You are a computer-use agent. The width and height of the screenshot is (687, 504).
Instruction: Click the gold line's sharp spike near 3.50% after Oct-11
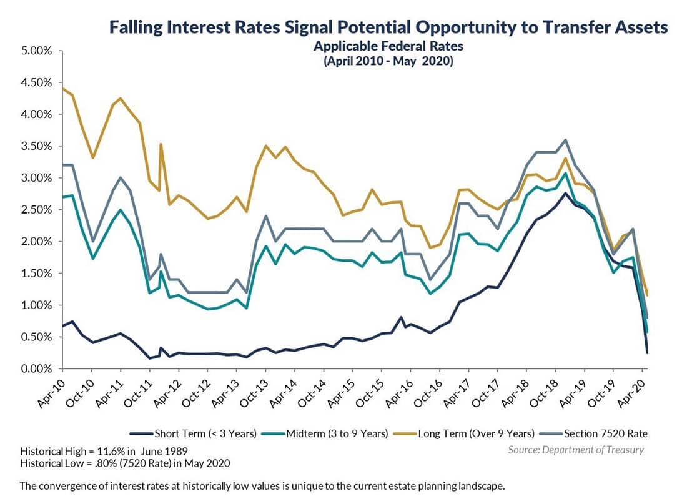point(161,144)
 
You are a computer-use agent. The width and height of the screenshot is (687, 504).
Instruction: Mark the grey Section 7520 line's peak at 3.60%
point(565,140)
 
